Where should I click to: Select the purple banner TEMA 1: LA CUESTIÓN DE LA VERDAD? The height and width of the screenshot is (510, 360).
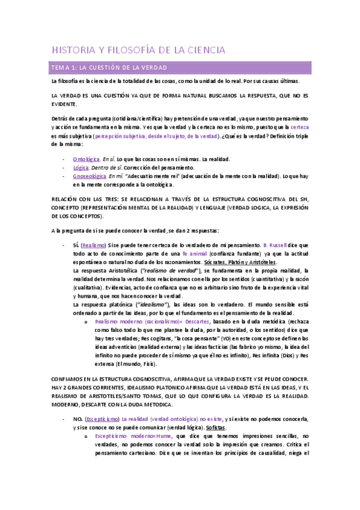click(108, 67)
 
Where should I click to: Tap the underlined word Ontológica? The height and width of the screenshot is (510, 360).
click(86, 159)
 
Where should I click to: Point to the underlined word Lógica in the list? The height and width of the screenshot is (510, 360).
click(81, 167)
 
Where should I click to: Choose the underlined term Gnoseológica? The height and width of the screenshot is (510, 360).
click(90, 176)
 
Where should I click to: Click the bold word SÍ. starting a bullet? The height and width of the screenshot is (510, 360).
click(76, 245)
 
